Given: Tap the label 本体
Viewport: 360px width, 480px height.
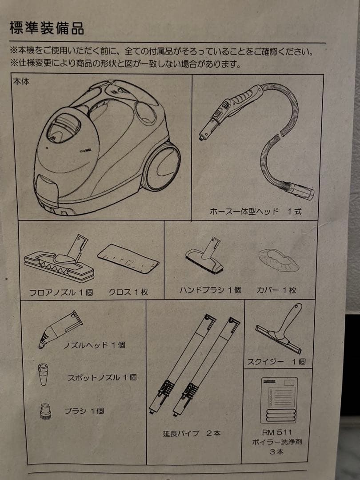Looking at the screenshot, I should point(22,82).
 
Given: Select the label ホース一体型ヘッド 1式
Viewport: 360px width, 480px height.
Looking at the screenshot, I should point(256,212).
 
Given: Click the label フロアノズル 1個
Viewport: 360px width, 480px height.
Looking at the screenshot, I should point(61,292).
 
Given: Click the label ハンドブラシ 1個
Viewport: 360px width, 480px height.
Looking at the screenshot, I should point(210,290).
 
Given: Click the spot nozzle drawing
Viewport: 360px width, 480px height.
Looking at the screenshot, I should point(44,374).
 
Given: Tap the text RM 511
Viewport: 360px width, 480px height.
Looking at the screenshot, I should point(278,432).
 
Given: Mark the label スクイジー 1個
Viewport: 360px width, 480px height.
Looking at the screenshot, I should point(276,361).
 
